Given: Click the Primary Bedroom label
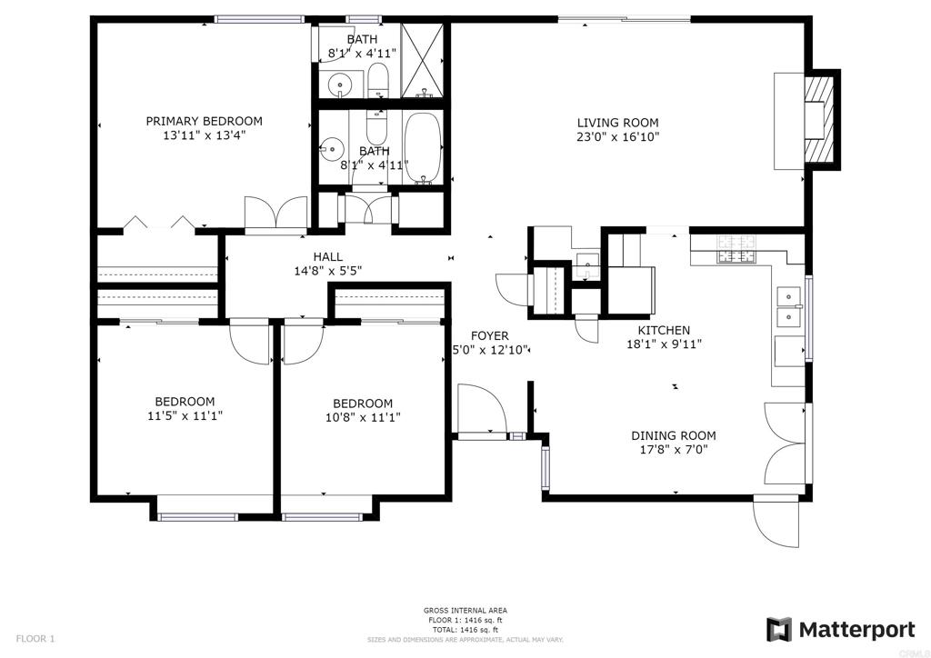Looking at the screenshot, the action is [x=205, y=121].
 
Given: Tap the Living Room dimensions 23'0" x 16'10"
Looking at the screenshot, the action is [x=618, y=137].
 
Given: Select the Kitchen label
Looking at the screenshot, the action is [x=664, y=330].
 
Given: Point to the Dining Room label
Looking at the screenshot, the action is [x=674, y=435].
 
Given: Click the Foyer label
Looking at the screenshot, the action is [x=490, y=336].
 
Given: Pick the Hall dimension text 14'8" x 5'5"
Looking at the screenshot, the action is [x=328, y=271].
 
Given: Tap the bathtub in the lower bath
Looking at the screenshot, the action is [x=423, y=148].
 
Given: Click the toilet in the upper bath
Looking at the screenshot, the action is [x=377, y=80].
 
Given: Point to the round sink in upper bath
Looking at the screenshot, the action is [x=340, y=84].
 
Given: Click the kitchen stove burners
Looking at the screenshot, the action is [x=736, y=249].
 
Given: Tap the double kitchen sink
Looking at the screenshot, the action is [x=788, y=306].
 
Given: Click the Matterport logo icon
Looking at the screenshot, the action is [x=778, y=630].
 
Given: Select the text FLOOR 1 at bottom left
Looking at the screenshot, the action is [x=35, y=639].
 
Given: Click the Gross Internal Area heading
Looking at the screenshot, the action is [x=465, y=611].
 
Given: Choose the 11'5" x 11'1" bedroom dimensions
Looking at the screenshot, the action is [x=185, y=416].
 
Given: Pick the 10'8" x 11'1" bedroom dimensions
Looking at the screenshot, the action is [x=363, y=418].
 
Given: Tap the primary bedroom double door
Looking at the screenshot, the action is [x=276, y=213].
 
